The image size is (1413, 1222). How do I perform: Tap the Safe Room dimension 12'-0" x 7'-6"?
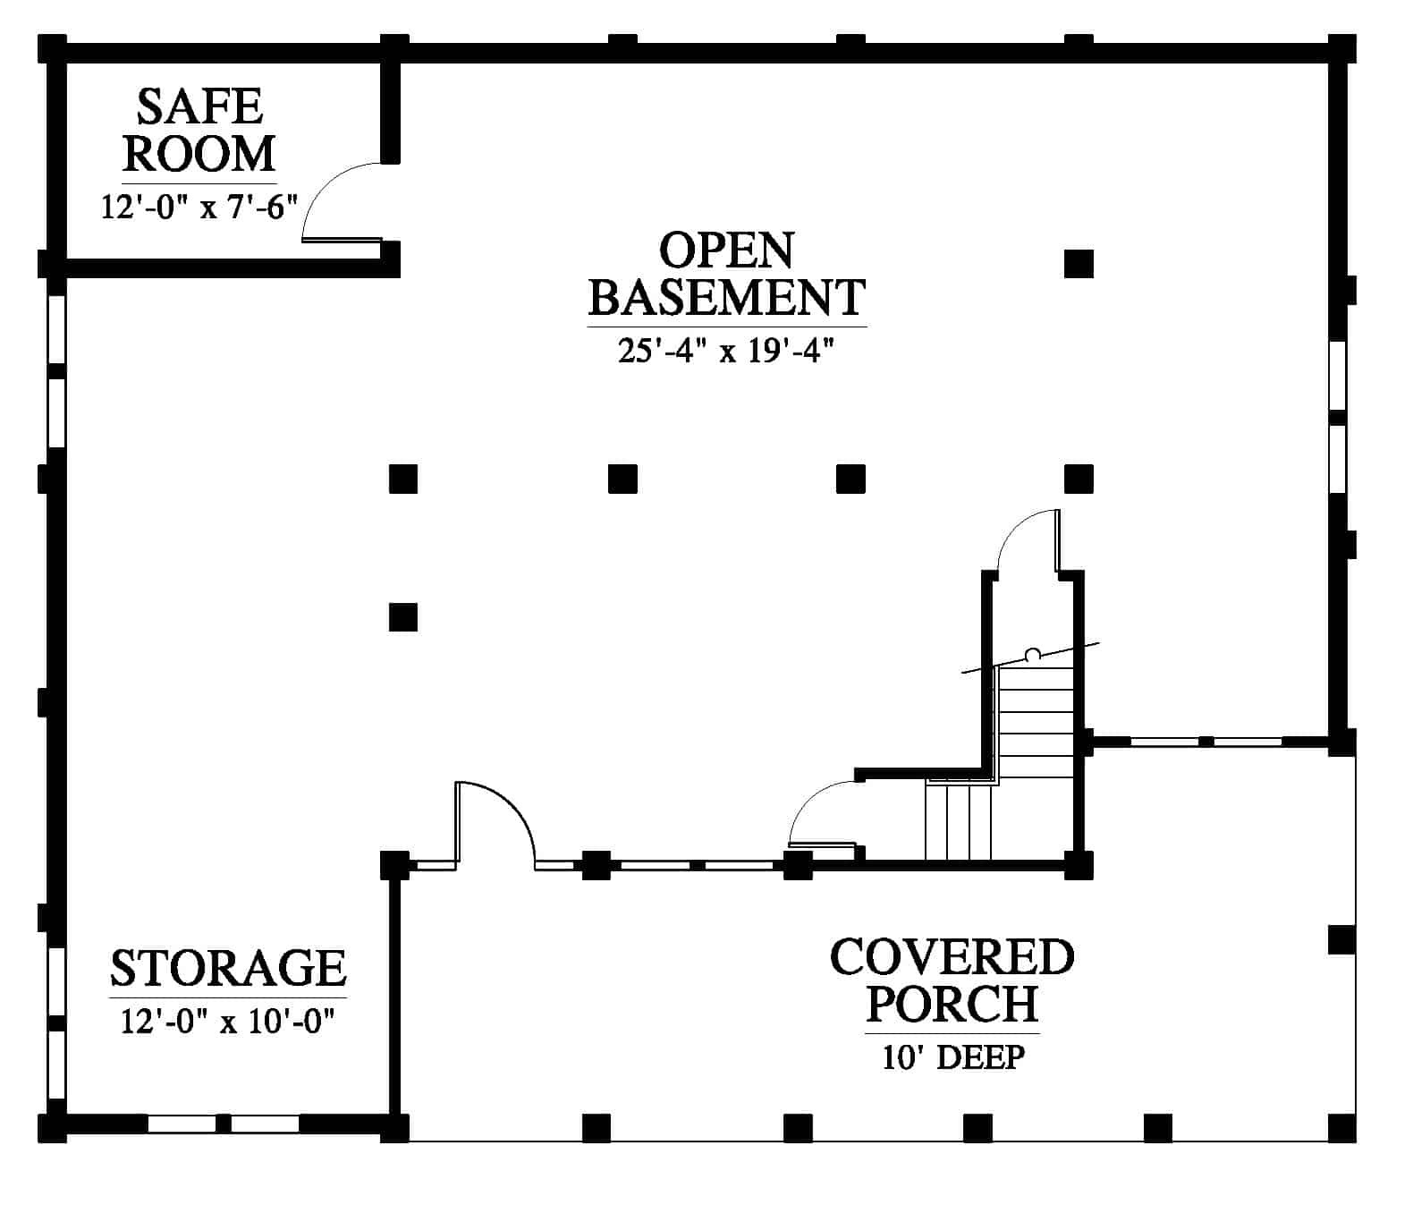(199, 207)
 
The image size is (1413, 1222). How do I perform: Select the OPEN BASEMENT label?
(727, 274)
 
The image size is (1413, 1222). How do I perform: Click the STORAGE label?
(228, 968)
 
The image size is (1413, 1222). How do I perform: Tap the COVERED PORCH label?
(952, 980)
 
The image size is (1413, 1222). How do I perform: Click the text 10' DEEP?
(953, 1057)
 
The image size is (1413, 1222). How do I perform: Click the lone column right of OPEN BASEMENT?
(1079, 264)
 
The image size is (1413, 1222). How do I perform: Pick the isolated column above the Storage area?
(403, 616)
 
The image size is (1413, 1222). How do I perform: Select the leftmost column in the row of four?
(403, 479)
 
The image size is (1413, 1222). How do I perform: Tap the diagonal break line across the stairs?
(1030, 658)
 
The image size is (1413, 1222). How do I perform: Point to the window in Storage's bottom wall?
(224, 1124)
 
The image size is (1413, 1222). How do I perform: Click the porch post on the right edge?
(1342, 939)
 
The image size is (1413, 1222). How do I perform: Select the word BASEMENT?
(727, 297)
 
